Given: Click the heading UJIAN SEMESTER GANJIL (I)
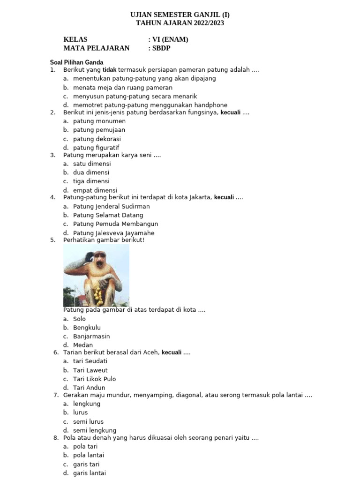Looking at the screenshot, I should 180,15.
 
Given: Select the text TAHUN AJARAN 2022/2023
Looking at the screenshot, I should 180,22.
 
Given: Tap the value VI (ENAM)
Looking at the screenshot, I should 170,39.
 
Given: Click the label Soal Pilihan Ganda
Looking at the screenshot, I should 76,62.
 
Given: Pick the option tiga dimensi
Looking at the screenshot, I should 91,181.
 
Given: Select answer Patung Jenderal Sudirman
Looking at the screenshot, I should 112,206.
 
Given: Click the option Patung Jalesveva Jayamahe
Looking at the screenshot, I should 113,233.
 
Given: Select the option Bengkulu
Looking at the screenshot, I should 87,328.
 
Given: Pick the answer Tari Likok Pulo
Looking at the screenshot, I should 94,379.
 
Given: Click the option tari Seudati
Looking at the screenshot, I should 90,361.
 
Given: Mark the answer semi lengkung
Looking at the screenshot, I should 95,430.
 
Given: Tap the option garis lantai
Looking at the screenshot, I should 89,473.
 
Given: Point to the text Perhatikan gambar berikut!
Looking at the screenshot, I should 104,240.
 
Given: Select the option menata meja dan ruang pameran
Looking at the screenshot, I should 123,88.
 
